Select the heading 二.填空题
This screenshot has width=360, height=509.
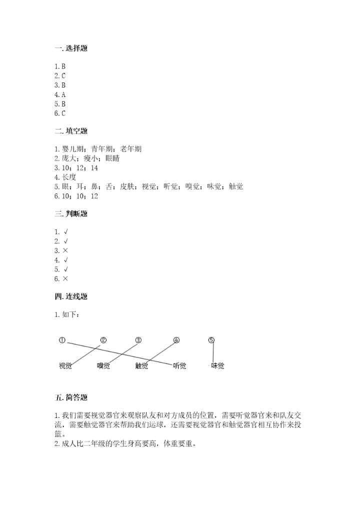click(x=72, y=131)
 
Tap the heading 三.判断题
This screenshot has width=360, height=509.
click(x=72, y=214)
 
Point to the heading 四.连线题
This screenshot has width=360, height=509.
click(x=72, y=296)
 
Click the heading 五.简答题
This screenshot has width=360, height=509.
click(x=72, y=398)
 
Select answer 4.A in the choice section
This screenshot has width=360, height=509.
click(x=60, y=94)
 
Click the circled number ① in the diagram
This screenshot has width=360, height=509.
click(x=62, y=340)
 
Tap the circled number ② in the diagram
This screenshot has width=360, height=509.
click(x=103, y=340)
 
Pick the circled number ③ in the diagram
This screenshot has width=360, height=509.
click(x=138, y=340)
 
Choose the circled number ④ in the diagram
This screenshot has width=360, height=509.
click(x=176, y=340)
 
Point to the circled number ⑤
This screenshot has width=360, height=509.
click(x=211, y=340)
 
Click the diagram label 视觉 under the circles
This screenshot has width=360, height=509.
click(x=65, y=366)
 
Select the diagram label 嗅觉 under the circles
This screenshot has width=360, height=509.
click(x=103, y=366)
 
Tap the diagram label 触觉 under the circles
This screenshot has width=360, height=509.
click(x=141, y=366)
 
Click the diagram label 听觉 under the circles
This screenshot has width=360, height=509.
click(x=179, y=366)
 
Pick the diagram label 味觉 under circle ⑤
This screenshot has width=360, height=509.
click(x=217, y=366)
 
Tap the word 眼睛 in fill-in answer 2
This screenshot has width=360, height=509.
click(x=112, y=158)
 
